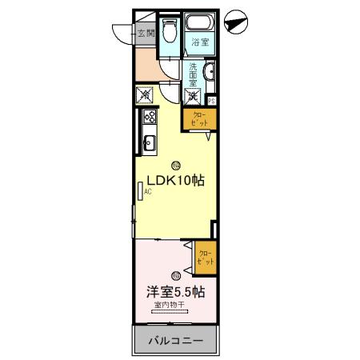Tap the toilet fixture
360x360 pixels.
click(169, 32)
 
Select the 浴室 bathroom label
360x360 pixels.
click(200, 43)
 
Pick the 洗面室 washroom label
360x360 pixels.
click(193, 78)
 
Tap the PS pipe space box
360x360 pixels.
click(212, 101)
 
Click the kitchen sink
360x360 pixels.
click(148, 145)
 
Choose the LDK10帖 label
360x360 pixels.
click(174, 180)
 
